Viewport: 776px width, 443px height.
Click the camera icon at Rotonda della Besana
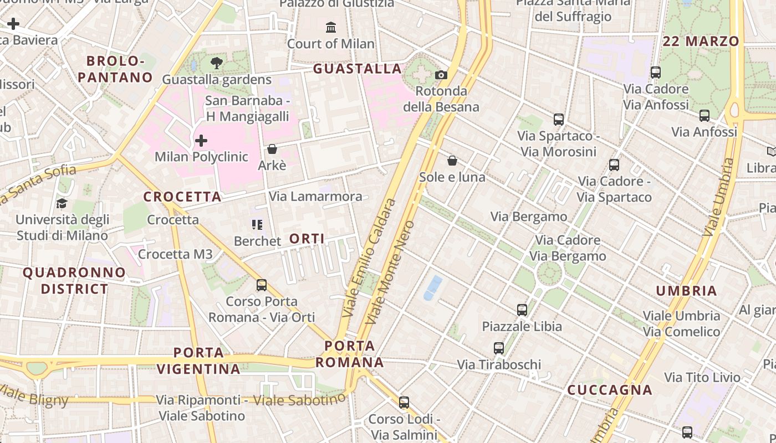click(x=441, y=75)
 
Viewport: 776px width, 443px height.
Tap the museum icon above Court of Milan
click(x=331, y=27)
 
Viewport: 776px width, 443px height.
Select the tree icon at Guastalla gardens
click(x=217, y=63)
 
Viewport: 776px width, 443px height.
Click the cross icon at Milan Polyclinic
click(x=201, y=141)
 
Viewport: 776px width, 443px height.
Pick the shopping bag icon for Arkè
click(x=272, y=149)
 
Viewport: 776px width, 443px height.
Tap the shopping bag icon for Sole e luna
click(x=452, y=161)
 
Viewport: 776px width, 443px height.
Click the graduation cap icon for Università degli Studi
click(x=62, y=203)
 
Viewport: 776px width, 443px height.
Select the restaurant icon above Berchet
click(x=257, y=224)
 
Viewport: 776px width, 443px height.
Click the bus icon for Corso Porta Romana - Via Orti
click(x=262, y=285)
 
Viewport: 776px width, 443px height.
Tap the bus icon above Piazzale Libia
click(x=522, y=310)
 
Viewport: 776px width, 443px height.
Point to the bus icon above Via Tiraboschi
click(x=499, y=348)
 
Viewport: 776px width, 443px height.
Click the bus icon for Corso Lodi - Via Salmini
click(x=404, y=403)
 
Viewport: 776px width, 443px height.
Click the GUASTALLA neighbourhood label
click(x=358, y=69)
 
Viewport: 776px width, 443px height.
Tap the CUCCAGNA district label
click(x=610, y=390)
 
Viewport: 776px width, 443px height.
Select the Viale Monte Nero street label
click(x=391, y=272)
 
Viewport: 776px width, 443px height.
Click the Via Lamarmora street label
click(x=315, y=197)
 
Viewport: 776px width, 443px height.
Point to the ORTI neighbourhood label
click(x=307, y=239)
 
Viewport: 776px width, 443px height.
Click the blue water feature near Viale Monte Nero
click(x=433, y=288)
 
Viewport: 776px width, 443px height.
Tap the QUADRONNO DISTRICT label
click(x=74, y=281)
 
